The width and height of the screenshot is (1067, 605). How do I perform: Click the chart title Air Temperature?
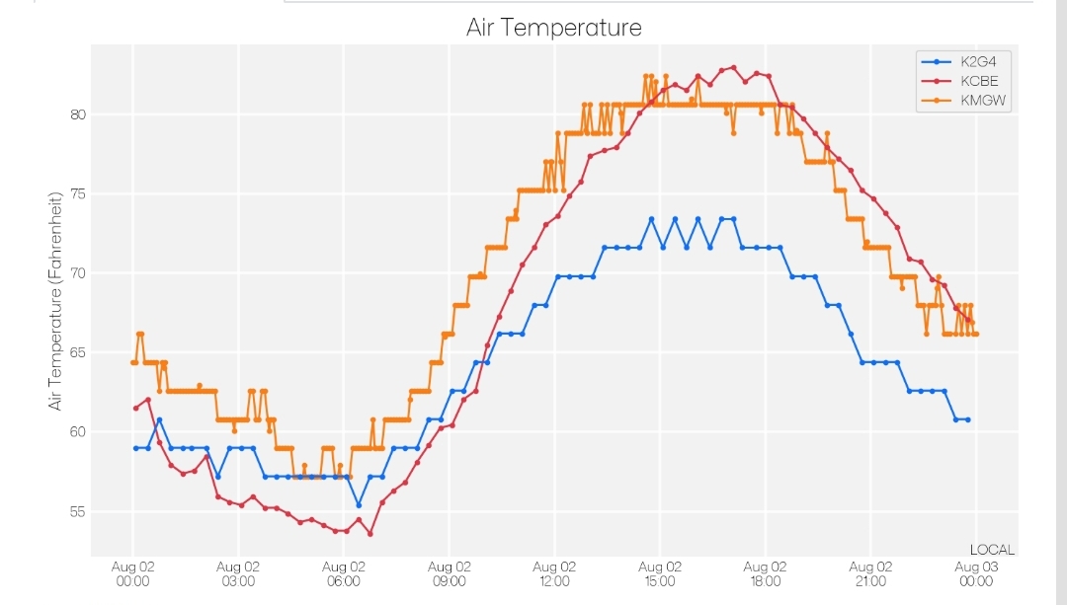554,28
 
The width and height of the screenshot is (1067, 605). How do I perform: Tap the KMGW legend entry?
963,100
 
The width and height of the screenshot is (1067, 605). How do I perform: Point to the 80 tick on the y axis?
78,114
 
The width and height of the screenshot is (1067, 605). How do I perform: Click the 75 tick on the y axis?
78,194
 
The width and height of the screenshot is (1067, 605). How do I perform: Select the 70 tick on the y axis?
78,273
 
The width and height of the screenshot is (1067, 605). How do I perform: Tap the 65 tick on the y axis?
78,352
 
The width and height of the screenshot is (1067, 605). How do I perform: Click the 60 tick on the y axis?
78,432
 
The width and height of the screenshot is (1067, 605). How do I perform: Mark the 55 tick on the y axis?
78,512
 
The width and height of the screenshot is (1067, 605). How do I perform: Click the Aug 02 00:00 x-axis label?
132,573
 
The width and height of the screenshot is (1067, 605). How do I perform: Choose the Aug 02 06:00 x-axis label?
344,573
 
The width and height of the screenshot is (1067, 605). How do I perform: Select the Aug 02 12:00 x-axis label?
554,573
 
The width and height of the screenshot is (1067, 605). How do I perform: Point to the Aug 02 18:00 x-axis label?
765,573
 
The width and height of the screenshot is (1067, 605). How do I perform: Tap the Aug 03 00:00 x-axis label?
976,573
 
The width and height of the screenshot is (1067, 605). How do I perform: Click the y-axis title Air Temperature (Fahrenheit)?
55,301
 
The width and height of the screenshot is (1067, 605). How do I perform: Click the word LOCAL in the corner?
992,550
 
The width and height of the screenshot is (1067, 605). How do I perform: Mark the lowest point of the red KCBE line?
370,534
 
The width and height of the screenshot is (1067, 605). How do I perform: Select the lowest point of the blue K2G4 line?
360,505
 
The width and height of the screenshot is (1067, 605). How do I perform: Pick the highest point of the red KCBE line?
733,67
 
